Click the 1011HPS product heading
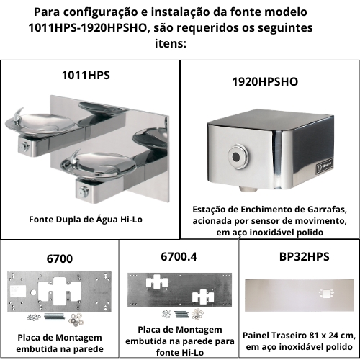tap(86, 75)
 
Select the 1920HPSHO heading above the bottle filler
tap(265, 81)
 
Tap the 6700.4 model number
tap(179, 256)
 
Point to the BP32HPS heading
tap(305, 256)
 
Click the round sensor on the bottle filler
tap(236, 157)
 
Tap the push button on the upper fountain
tap(25, 145)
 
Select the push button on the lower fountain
tap(84, 192)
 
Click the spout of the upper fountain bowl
tap(19, 114)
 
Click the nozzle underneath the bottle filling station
tap(247, 189)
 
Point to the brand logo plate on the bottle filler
tap(325, 166)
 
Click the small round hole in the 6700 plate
tap(33, 292)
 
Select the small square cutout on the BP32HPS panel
tap(325, 293)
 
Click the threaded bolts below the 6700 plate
tap(55, 318)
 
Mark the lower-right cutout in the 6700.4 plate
tap(203, 296)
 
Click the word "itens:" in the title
tap(171, 44)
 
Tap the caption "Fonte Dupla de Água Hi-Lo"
tap(86, 220)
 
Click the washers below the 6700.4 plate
tap(198, 314)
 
